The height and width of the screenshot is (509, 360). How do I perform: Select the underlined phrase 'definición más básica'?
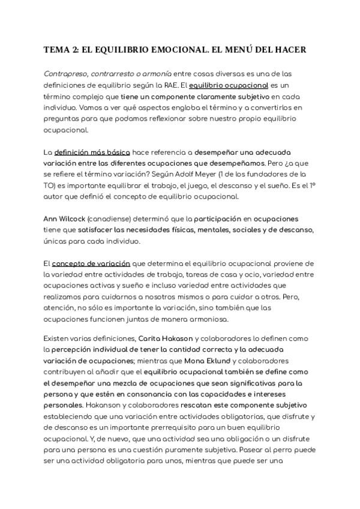[x=92, y=152]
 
